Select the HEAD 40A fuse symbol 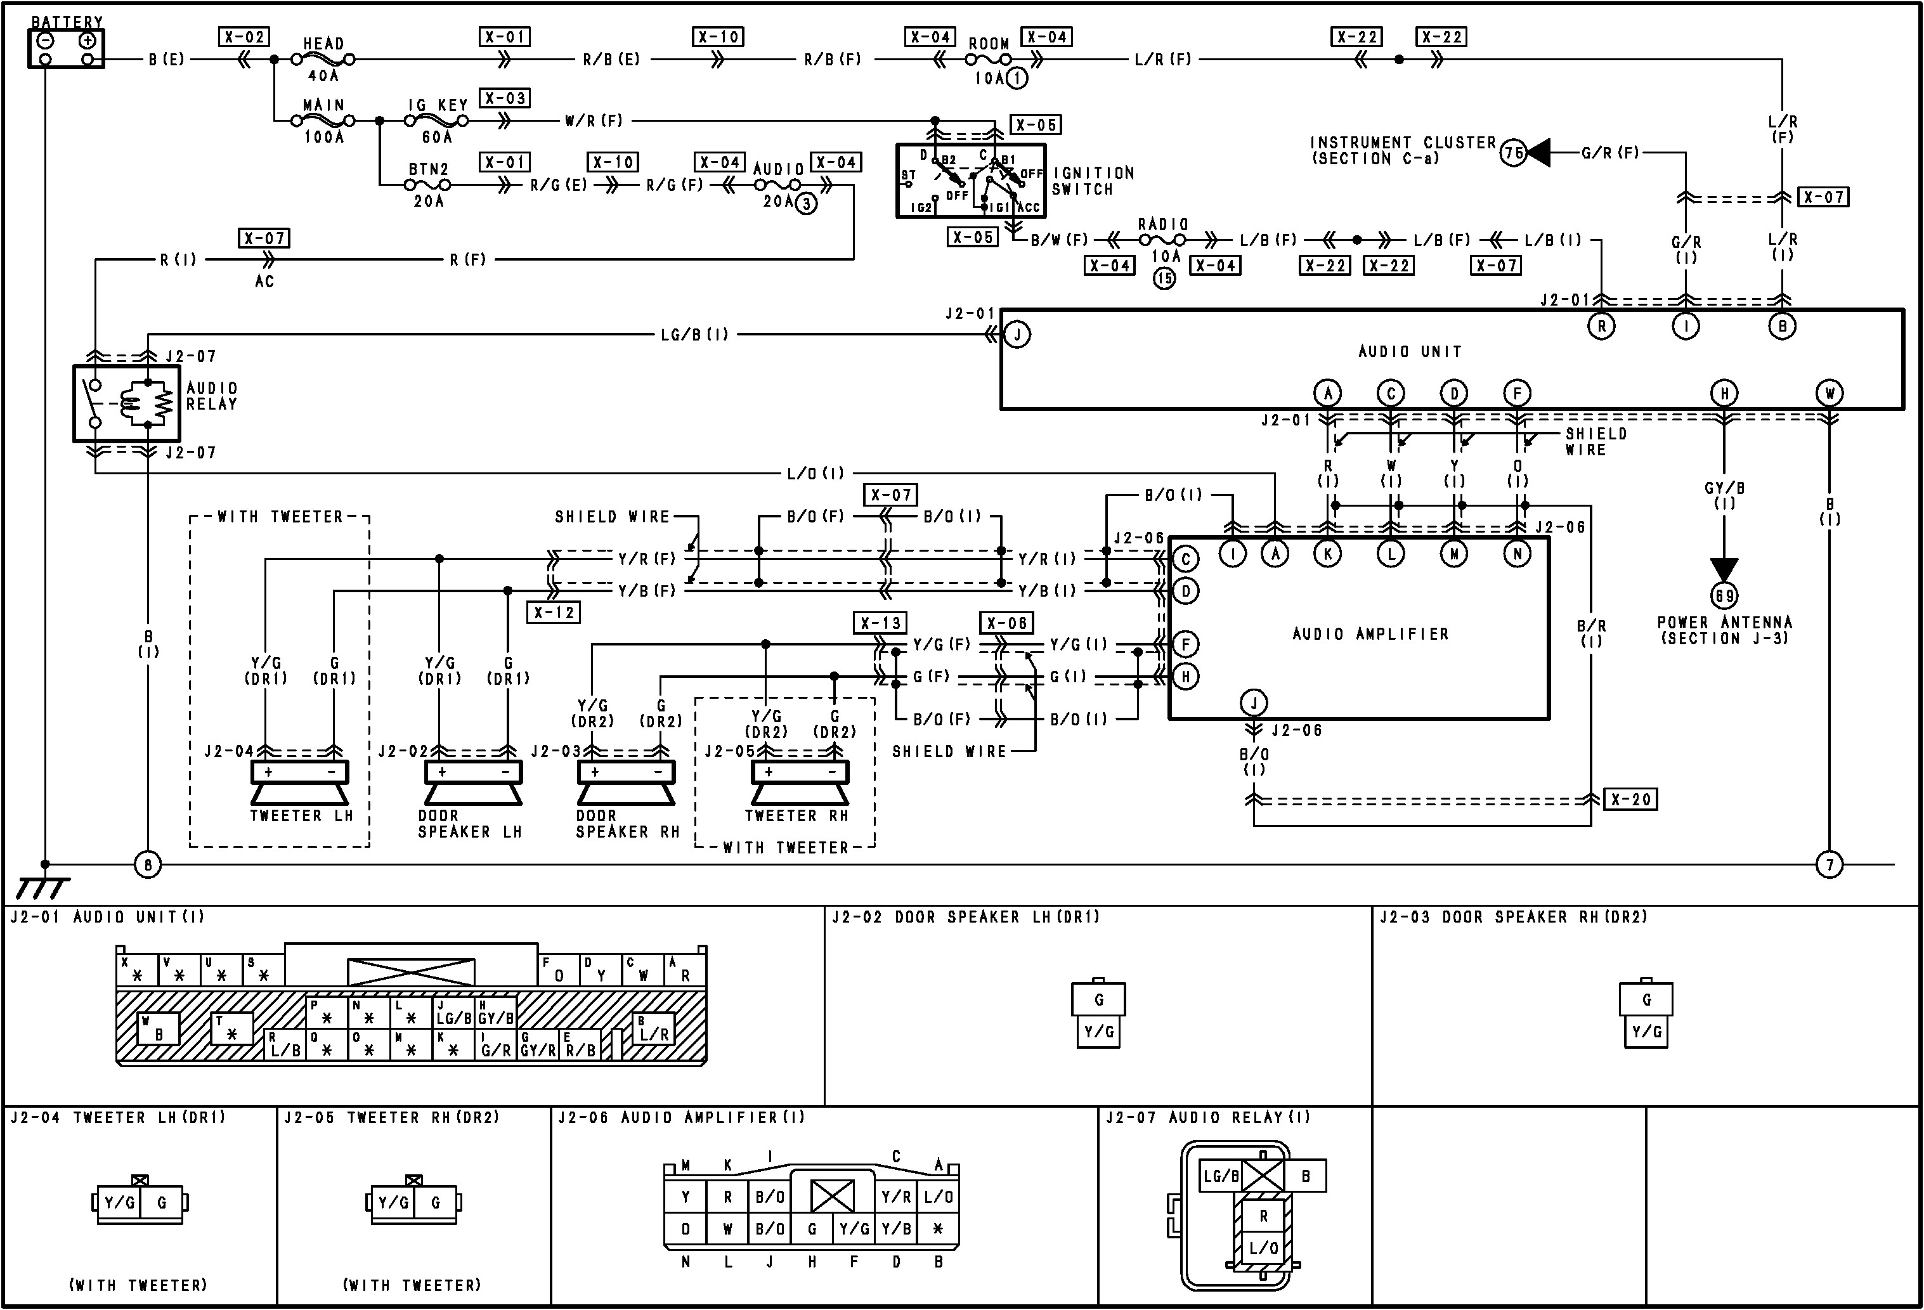click(x=323, y=60)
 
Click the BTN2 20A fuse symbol click(x=428, y=185)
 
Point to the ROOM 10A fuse click(x=989, y=60)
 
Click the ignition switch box click(x=970, y=181)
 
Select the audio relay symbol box click(x=127, y=404)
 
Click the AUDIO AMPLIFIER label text click(x=1371, y=634)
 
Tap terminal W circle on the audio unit click(x=1830, y=393)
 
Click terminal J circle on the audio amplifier click(x=1254, y=703)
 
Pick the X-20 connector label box click(x=1630, y=800)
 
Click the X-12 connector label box click(x=554, y=613)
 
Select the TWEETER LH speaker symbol click(x=300, y=783)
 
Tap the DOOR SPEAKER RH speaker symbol click(x=626, y=783)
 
